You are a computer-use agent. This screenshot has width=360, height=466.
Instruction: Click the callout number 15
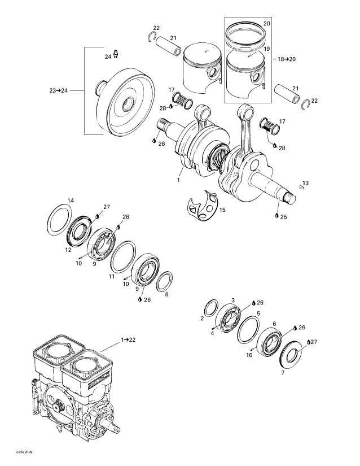pyautogui.click(x=222, y=210)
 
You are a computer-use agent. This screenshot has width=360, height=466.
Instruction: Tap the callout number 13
pyautogui.click(x=305, y=183)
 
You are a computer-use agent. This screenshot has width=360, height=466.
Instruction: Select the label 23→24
pyautogui.click(x=58, y=90)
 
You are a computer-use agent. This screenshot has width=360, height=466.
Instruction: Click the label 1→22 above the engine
pyautogui.click(x=128, y=339)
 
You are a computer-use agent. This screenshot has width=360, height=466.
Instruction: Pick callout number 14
pyautogui.click(x=71, y=201)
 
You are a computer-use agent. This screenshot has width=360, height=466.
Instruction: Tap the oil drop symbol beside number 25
pyautogui.click(x=276, y=216)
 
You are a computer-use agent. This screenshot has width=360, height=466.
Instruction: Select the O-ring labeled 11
pyautogui.click(x=123, y=258)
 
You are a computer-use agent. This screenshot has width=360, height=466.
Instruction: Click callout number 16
pyautogui.click(x=249, y=355)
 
